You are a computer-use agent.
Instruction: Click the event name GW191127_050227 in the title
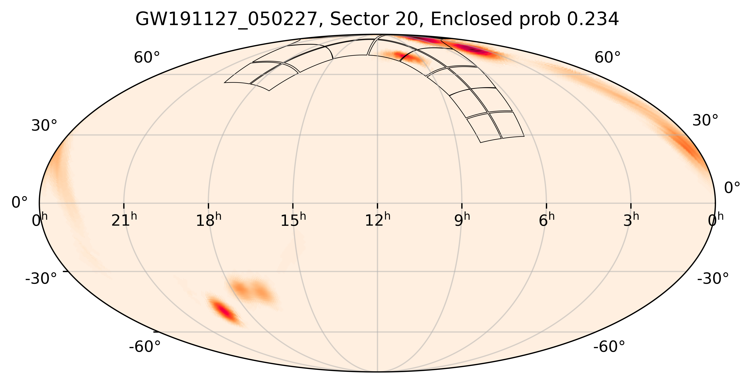[226, 20]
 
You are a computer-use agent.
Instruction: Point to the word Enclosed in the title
[471, 20]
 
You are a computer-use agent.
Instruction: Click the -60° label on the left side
[145, 347]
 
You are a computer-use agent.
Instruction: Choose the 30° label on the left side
[44, 126]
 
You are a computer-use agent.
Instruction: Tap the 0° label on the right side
[732, 188]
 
